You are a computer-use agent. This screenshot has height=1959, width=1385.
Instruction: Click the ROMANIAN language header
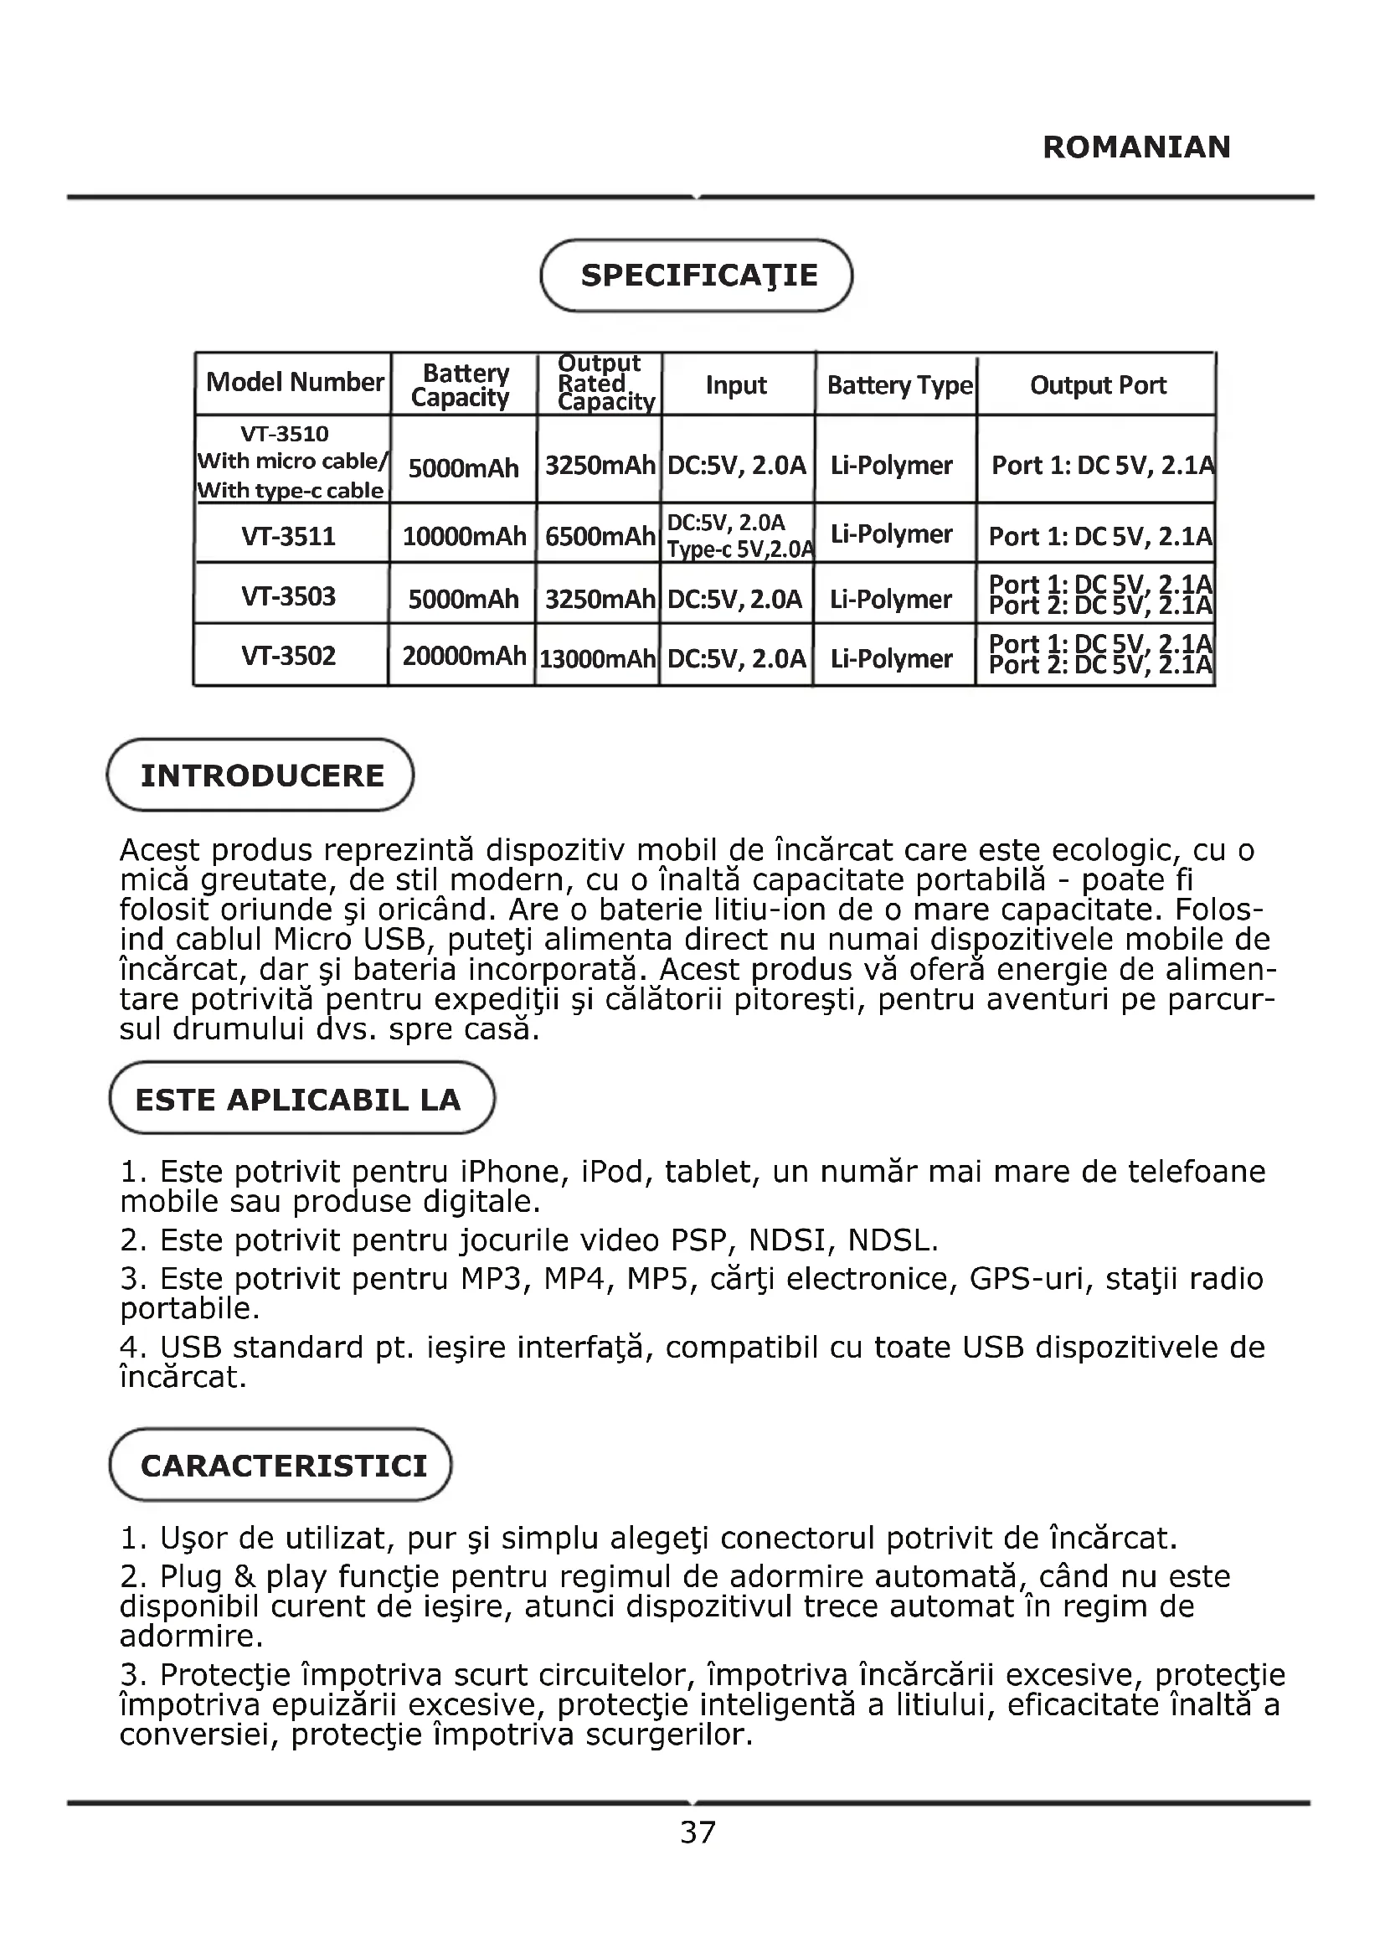click(1136, 147)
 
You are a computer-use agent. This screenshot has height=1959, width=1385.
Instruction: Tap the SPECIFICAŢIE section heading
click(698, 275)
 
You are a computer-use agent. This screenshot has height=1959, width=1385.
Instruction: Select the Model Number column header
click(294, 382)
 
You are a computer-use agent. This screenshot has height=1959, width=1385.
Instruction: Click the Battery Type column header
click(898, 385)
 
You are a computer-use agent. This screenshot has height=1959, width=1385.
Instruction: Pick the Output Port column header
click(1098, 385)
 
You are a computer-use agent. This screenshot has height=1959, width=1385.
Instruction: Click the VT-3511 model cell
click(288, 537)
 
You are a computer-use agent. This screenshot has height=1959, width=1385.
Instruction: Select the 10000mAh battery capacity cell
click(464, 537)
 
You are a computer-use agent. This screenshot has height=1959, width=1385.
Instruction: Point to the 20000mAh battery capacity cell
click(464, 656)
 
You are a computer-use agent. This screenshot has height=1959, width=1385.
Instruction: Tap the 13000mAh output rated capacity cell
click(597, 658)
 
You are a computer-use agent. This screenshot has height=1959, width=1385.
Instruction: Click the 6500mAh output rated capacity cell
click(600, 537)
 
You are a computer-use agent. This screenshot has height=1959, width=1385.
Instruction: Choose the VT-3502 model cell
click(288, 656)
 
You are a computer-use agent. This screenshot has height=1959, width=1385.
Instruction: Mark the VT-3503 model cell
click(288, 596)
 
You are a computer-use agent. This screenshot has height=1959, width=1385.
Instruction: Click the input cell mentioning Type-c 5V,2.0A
click(739, 535)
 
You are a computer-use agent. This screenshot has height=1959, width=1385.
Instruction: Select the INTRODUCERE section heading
click(261, 776)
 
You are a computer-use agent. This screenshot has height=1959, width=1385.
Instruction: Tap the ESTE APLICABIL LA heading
click(298, 1100)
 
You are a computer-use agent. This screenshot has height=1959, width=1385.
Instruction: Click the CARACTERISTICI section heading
click(283, 1466)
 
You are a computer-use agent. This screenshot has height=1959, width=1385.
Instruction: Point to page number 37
click(698, 1832)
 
